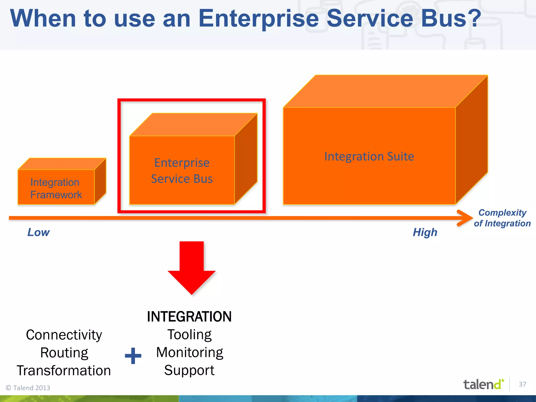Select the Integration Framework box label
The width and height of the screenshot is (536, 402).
coord(56,188)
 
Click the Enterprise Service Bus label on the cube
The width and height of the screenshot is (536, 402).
coord(182,171)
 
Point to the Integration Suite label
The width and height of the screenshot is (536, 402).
coord(369,157)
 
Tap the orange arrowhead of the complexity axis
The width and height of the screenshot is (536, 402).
coord(465,218)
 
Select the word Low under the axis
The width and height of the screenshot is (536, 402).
coord(38,232)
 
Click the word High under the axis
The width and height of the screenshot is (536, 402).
coord(425,232)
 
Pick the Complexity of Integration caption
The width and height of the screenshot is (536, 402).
coord(502,218)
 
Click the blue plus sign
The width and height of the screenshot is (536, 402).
coord(133,356)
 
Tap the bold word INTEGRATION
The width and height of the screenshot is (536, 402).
coord(189,317)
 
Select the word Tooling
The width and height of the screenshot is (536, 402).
coord(189,335)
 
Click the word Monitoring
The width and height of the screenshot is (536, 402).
coord(189,353)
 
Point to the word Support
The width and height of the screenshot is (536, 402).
coord(189,370)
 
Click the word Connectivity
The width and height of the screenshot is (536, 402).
coord(64,335)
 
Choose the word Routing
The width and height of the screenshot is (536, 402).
coord(64,353)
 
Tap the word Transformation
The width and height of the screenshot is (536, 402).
coord(64,371)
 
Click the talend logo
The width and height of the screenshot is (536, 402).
coord(483,384)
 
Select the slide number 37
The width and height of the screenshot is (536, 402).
coord(522,384)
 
